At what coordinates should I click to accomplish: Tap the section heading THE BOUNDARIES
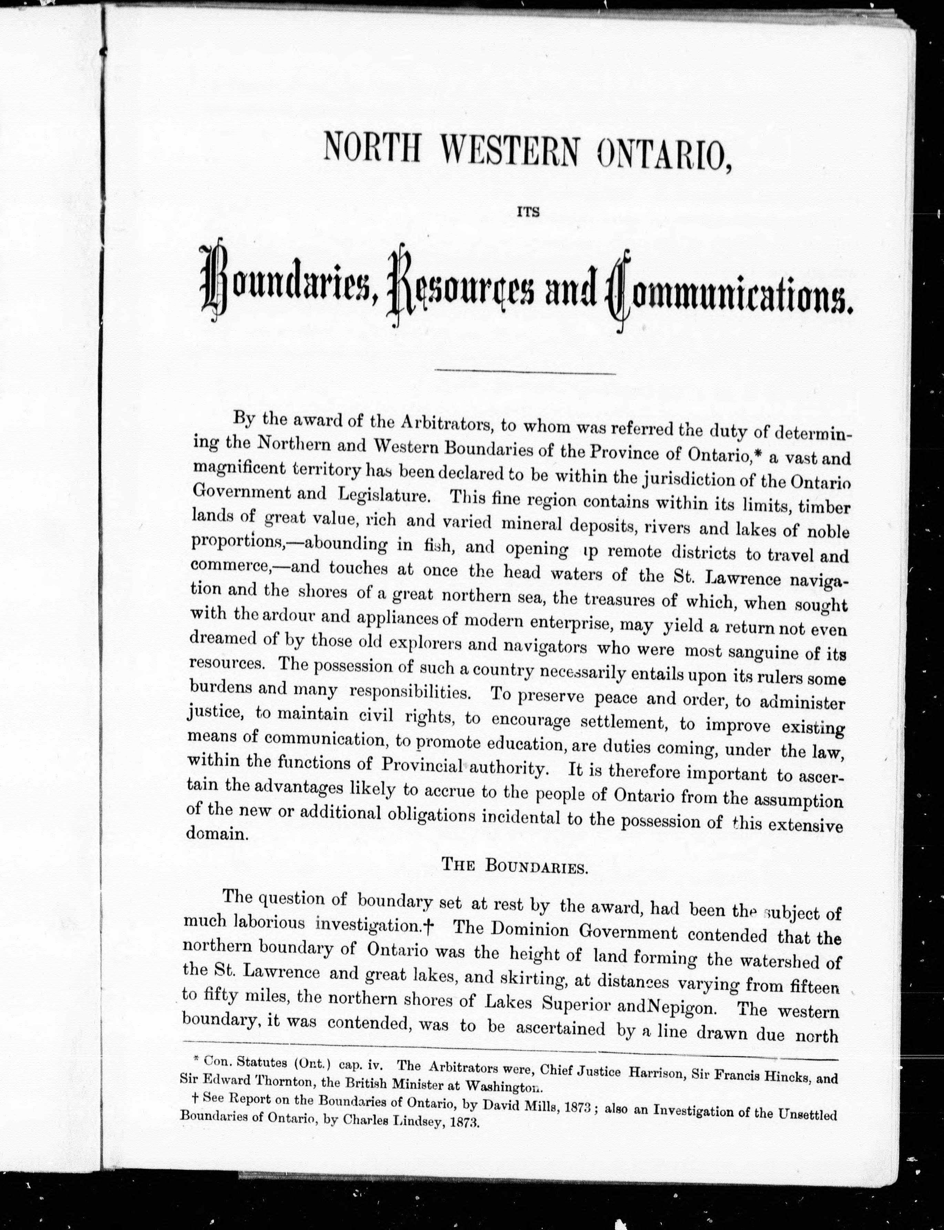[x=515, y=866]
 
